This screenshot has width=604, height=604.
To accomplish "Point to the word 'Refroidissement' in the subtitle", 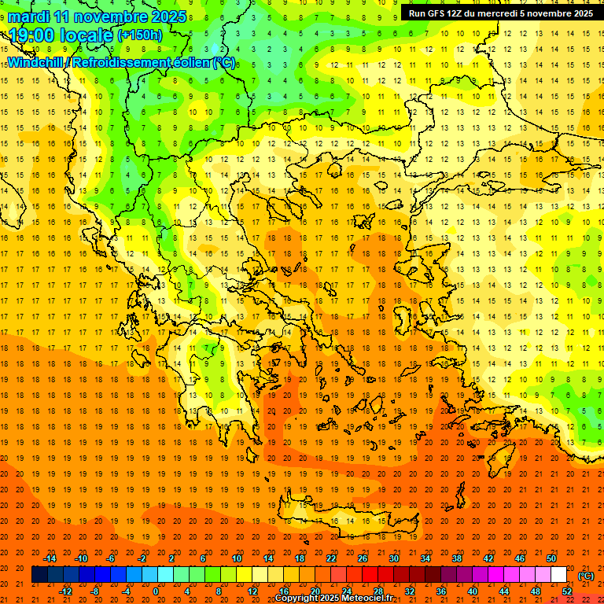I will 126,62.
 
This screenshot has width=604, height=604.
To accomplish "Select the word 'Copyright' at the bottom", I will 297,598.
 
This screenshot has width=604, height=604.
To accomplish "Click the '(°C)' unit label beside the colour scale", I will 586,576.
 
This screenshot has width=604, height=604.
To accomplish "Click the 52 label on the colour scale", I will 567,591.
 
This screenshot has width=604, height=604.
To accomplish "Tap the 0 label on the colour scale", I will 156,591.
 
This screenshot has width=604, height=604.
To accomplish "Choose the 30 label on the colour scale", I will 393,558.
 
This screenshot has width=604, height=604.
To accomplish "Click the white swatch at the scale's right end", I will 559,575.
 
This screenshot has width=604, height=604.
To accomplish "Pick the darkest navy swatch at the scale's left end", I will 39,575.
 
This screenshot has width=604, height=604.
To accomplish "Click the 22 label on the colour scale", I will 331,558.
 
